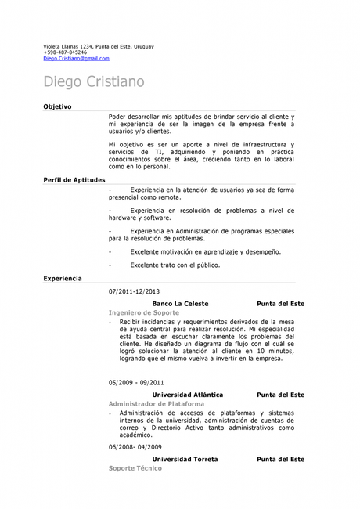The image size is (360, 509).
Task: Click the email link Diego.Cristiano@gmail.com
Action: click(76, 58)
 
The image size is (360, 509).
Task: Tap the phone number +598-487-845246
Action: click(65, 52)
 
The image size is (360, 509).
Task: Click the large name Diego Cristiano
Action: click(93, 81)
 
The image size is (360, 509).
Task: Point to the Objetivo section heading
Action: click(57, 106)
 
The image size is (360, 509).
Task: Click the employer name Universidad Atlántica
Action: click(187, 395)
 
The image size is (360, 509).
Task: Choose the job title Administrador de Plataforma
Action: click(156, 403)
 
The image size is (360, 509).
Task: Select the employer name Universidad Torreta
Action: click(185, 459)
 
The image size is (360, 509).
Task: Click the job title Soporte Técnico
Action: click(135, 467)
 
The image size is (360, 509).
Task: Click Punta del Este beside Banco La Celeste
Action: click(280, 303)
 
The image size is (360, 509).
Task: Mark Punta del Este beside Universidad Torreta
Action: click(280, 459)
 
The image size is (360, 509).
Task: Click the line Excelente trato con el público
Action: click(175, 265)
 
